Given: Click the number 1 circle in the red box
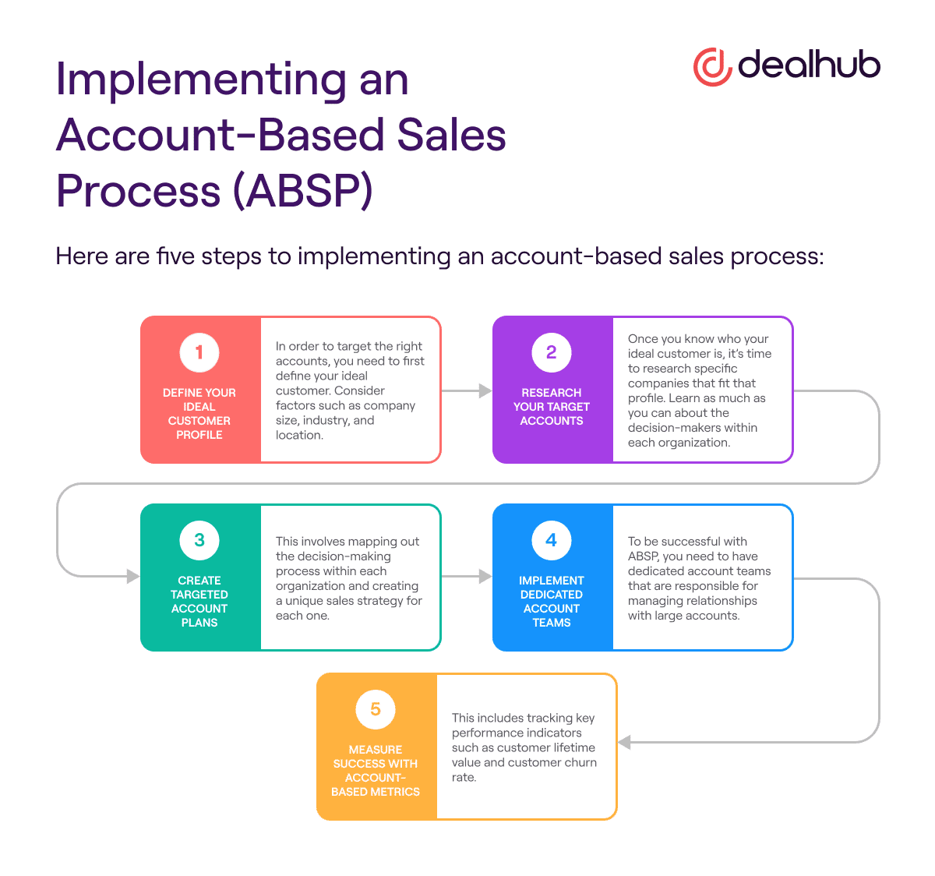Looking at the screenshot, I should click(x=199, y=352).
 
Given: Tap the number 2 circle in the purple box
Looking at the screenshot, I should click(x=552, y=352).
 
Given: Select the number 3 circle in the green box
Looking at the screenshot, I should click(x=199, y=540).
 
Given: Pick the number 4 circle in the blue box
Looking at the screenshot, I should click(x=552, y=540).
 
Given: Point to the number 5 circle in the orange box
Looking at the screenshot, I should click(x=376, y=709).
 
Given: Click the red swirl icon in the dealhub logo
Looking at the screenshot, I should click(x=711, y=66).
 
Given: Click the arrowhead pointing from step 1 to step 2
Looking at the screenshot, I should click(x=485, y=390).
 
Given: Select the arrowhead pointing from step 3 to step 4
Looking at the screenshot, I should click(x=485, y=577).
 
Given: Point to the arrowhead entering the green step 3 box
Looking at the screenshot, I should click(x=132, y=577).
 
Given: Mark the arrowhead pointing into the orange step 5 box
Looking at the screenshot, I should click(x=625, y=742).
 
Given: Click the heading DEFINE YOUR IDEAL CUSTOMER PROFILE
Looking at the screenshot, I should click(x=199, y=414).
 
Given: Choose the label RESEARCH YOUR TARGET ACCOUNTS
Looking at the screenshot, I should click(x=552, y=407).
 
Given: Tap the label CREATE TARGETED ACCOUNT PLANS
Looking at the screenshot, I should click(x=199, y=602).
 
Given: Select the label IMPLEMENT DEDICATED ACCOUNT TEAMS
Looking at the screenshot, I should click(x=552, y=602).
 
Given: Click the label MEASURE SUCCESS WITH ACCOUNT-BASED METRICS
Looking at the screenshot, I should click(x=376, y=771).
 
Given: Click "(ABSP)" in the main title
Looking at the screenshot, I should click(x=303, y=191).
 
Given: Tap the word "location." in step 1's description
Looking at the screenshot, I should click(x=299, y=436).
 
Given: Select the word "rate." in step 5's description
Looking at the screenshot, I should click(x=464, y=778).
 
